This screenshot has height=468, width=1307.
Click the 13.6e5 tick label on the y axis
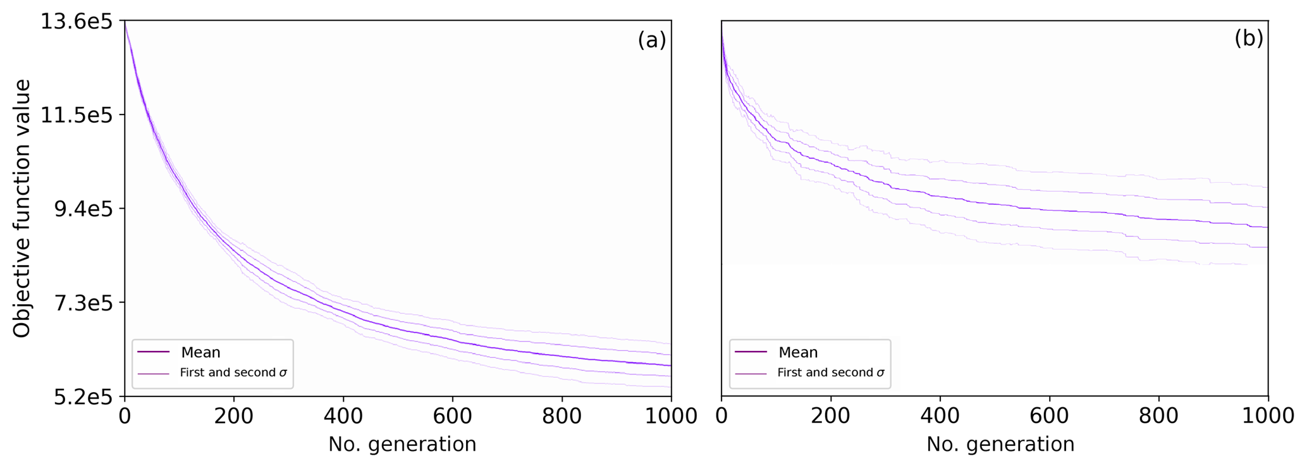77,22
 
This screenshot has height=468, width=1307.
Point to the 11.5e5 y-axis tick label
77,116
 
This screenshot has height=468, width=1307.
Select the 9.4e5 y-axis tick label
79,209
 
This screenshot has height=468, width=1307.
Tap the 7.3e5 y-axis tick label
79,303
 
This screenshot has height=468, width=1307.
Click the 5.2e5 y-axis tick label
79,397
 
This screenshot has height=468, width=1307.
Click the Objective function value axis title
22,209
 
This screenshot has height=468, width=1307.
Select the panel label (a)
651,40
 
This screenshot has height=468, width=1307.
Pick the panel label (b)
1249,39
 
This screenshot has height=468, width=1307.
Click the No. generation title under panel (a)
402,445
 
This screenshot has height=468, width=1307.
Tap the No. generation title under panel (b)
1000,445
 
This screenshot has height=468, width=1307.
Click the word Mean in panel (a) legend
200,352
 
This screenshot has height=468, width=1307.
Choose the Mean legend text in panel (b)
798,352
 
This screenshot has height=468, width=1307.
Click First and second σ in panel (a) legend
233,373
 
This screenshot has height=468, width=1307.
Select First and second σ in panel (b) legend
831,373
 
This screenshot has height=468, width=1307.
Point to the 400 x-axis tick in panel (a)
343,416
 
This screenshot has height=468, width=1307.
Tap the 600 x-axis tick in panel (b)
1050,416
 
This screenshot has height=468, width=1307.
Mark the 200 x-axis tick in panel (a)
234,416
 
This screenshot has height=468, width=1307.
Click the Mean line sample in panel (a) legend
154,352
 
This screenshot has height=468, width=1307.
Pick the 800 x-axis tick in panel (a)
562,416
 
